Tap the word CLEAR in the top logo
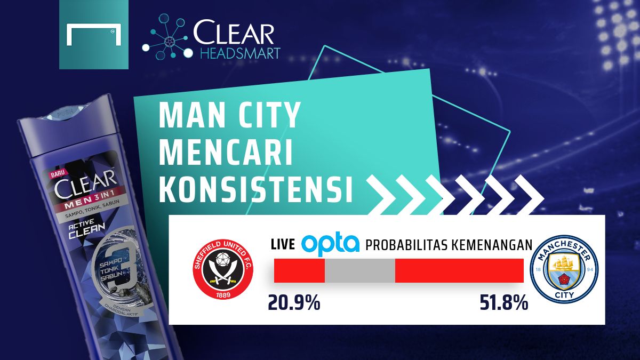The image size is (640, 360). (234, 34)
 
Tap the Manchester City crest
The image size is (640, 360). (564, 270)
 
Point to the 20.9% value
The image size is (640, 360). (294, 303)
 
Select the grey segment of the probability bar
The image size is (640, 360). (359, 270)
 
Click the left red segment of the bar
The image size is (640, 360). (299, 270)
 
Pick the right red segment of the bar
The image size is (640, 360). (459, 270)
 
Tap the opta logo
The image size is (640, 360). (330, 244)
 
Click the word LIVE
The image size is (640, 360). (283, 245)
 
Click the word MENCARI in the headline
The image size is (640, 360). (227, 153)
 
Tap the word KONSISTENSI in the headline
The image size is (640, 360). (257, 191)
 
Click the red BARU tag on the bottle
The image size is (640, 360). (57, 174)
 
